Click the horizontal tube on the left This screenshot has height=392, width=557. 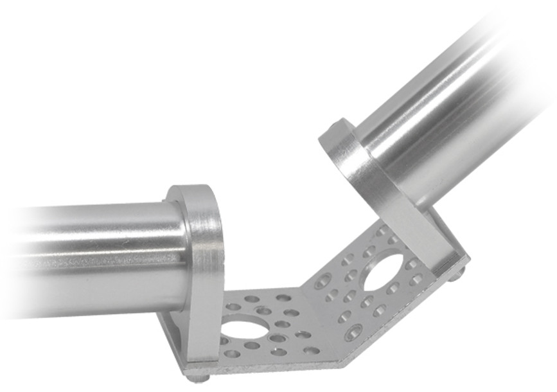[x=96, y=257]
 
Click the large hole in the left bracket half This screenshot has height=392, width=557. [x=242, y=328]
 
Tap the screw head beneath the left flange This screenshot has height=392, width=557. [x=202, y=379]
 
